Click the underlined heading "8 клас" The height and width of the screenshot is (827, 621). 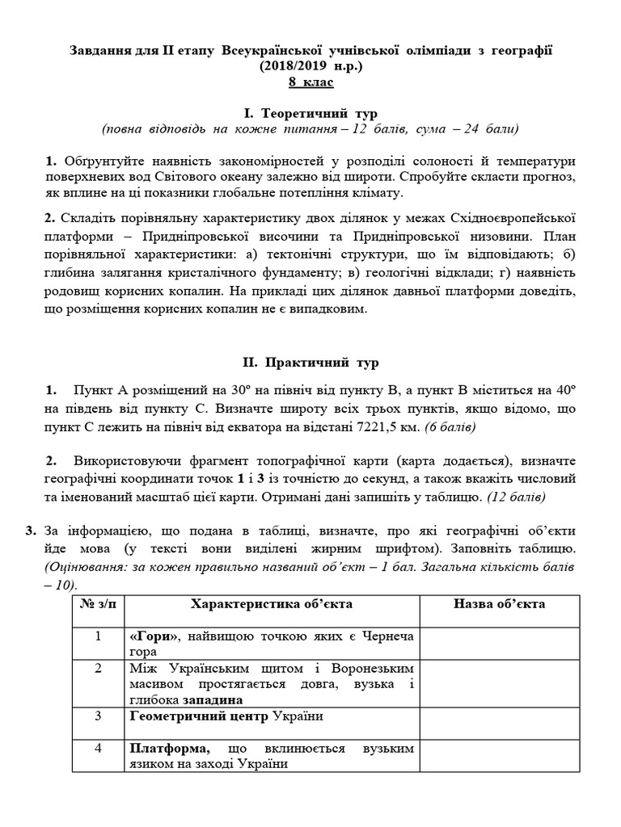tap(310, 82)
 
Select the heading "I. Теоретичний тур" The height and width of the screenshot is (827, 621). tap(310, 113)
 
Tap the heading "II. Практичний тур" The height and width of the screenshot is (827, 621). tap(310, 363)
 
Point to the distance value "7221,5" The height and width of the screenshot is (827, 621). tap(383, 424)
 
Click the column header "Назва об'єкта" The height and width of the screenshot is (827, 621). tap(499, 604)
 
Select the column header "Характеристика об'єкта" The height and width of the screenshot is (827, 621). tap(272, 604)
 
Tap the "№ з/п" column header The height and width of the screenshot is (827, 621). tap(98, 604)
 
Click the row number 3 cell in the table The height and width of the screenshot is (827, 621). tap(98, 716)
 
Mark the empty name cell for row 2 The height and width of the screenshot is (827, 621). tap(499, 683)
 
